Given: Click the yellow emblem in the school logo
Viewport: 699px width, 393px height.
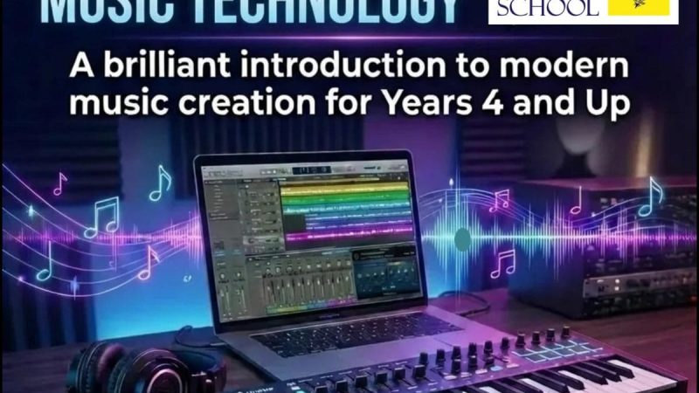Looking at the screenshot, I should tap(642, 8).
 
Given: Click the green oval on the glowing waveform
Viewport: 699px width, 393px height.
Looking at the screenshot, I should tap(463, 238).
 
